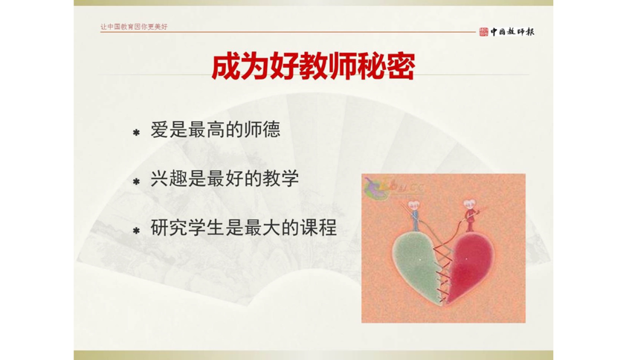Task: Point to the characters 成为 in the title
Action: [233, 65]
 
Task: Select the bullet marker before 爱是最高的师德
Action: [136, 133]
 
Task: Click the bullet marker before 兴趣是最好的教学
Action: [136, 181]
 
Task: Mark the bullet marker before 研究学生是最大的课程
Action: [136, 231]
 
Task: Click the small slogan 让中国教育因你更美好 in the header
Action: [135, 28]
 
